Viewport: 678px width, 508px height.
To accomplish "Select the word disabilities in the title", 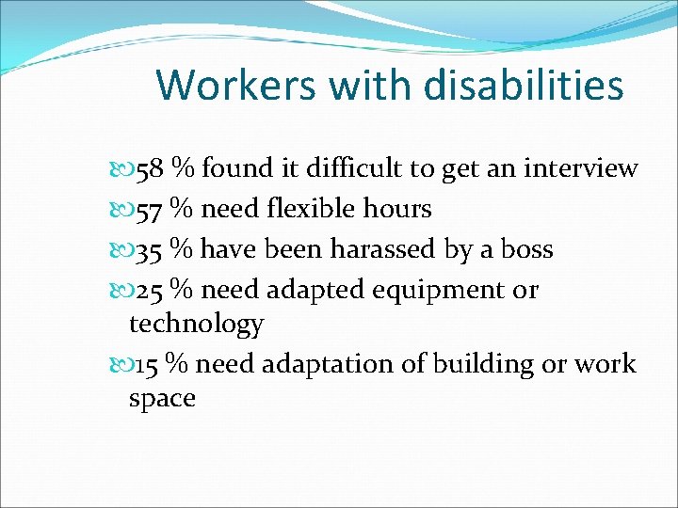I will (523, 86).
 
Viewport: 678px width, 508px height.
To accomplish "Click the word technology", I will (196, 325).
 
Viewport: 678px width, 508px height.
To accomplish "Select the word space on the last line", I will (162, 399).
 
